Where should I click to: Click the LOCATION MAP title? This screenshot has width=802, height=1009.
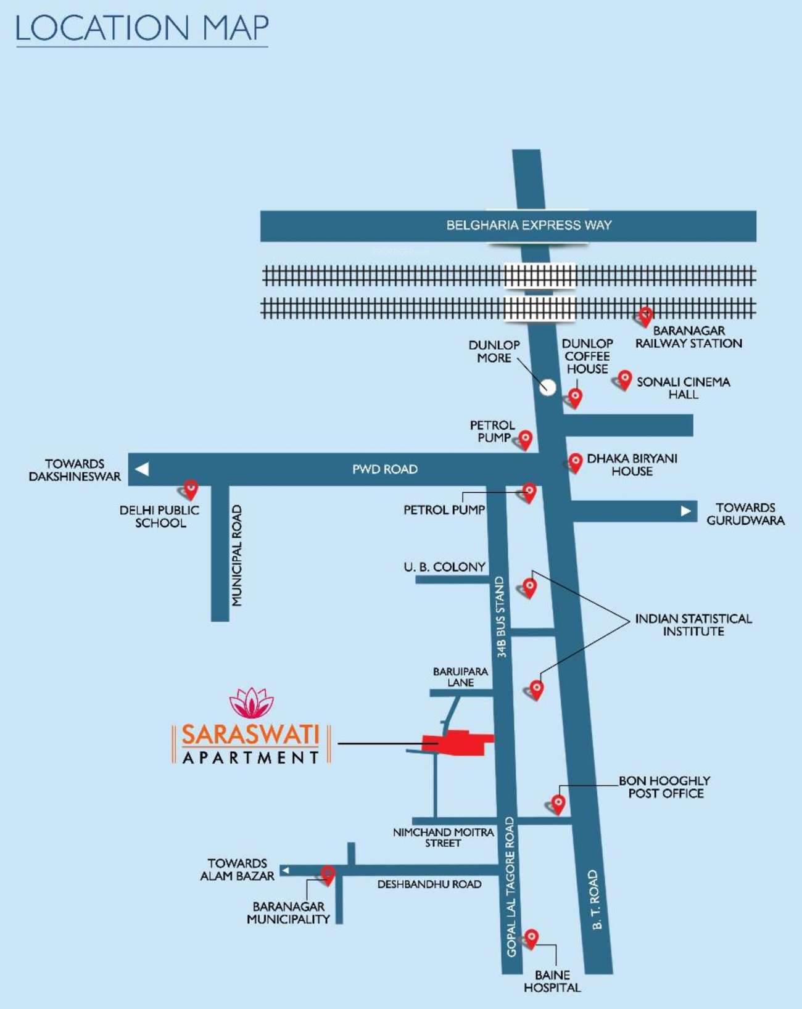[142, 28]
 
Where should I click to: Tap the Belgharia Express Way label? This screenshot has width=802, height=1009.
[529, 225]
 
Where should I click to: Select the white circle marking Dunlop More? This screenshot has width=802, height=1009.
[547, 387]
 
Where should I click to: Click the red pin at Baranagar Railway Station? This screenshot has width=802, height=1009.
[645, 317]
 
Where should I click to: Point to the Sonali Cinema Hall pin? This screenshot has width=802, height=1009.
[624, 380]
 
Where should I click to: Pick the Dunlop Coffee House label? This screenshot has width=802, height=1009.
[587, 356]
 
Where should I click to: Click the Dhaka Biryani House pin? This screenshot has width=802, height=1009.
[576, 463]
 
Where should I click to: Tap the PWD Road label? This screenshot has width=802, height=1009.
[385, 469]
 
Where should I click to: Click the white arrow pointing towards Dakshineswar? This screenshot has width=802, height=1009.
[142, 469]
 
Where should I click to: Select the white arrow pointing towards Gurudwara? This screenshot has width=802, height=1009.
[686, 511]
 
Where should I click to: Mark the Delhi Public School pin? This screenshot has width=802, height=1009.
[191, 490]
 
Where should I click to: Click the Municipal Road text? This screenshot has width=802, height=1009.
[237, 555]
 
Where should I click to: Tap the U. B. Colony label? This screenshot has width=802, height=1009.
[444, 567]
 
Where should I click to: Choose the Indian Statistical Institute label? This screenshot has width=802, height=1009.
[693, 625]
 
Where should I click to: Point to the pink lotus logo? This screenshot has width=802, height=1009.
[251, 702]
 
